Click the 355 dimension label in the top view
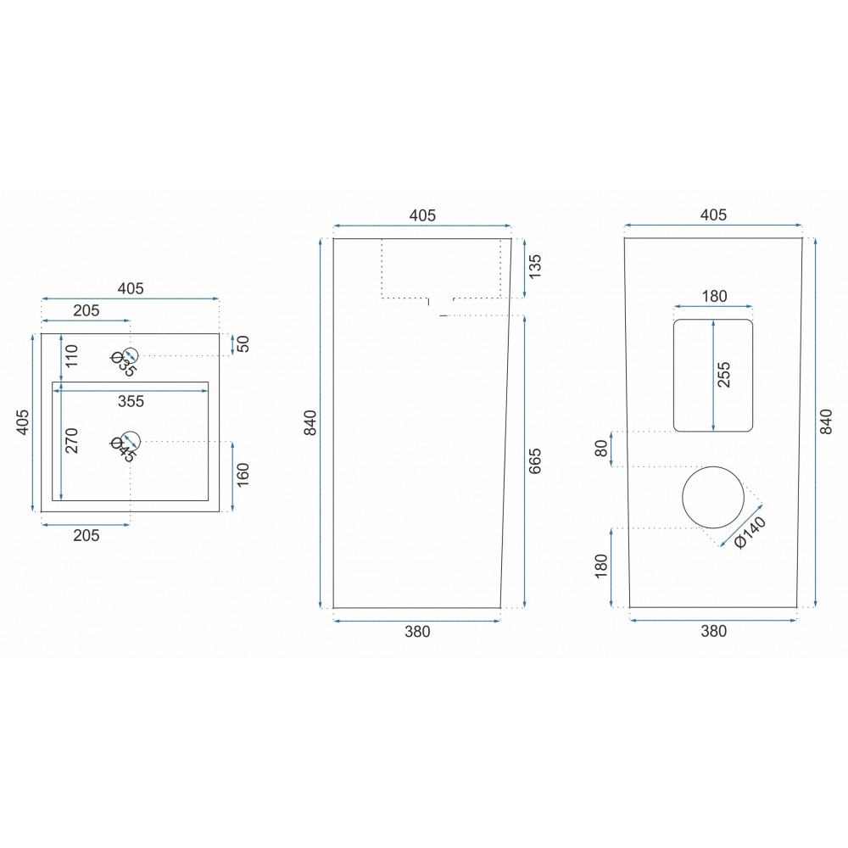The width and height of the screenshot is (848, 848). point(131,401)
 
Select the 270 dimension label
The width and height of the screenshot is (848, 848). point(72,441)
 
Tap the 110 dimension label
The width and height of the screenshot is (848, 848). point(72,356)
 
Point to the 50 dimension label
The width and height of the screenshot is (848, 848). point(244,344)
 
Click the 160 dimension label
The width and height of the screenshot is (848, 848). point(243,474)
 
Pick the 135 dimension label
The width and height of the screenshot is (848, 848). point(534,267)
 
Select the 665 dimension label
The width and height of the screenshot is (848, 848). point(534,461)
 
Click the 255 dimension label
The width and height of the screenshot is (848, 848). point(723,375)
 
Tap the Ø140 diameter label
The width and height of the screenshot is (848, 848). point(750,533)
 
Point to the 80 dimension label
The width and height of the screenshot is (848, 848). point(601,449)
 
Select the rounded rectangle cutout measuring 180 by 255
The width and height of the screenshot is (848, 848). point(674,376)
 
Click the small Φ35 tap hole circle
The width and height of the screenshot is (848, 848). point(131,348)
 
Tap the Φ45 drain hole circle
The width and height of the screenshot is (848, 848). point(131,432)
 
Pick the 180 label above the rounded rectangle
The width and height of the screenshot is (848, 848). point(714,296)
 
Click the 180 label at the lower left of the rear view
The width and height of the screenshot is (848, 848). point(601,566)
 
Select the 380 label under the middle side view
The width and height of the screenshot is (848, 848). point(417,631)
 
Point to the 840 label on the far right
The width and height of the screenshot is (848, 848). point(826,421)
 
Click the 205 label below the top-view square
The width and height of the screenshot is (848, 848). point(86,535)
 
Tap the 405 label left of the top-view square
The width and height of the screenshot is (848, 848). point(23,422)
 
